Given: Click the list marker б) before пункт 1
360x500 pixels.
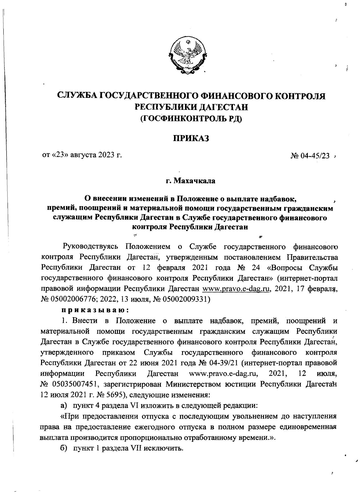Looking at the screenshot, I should (63, 448).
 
